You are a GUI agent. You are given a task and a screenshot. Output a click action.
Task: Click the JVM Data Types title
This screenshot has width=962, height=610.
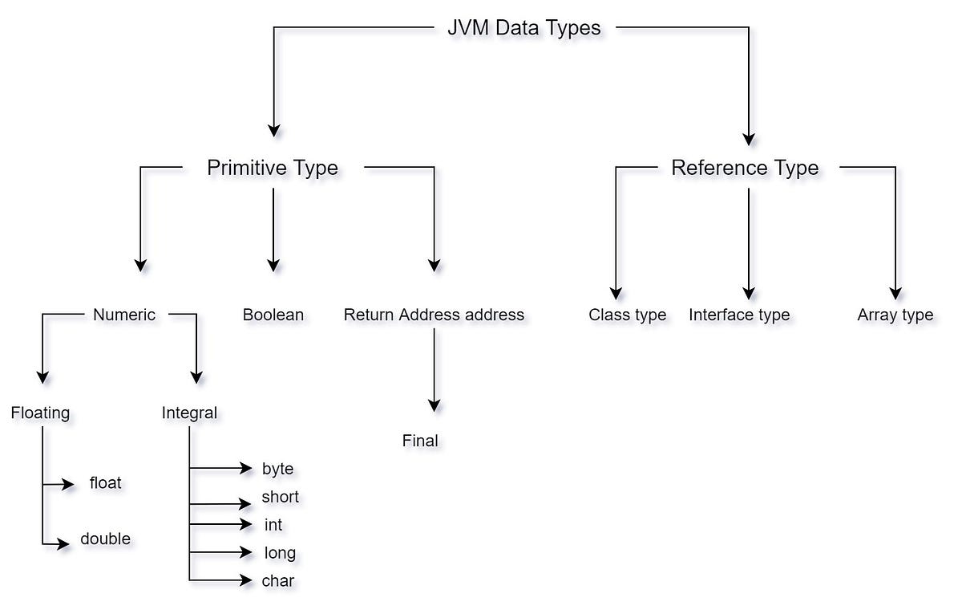(x=523, y=28)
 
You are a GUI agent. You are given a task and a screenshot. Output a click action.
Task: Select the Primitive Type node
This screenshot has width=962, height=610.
(x=273, y=168)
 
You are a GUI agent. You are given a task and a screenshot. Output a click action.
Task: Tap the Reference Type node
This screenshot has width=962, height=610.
(x=745, y=168)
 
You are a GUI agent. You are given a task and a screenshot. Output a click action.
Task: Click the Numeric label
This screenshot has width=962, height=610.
(x=124, y=315)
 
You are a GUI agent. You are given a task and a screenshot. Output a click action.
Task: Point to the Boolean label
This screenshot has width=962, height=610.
(x=273, y=315)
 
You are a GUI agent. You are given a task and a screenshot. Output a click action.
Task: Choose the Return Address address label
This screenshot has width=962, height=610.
(x=434, y=315)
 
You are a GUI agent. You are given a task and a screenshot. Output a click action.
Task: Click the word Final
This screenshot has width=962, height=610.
(x=420, y=441)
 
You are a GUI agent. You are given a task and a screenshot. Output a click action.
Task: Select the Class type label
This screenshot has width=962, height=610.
(x=627, y=315)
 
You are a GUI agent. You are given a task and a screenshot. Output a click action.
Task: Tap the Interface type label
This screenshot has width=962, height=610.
(x=739, y=315)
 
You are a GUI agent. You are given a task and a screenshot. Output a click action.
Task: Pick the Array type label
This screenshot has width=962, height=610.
(x=895, y=315)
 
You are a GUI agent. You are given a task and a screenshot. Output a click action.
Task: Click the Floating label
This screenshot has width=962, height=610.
(x=40, y=413)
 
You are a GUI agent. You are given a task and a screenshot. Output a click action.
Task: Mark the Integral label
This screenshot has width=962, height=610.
(x=189, y=413)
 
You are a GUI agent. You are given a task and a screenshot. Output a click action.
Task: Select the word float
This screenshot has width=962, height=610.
(x=106, y=483)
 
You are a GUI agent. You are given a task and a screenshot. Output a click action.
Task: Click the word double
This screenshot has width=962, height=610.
(x=105, y=539)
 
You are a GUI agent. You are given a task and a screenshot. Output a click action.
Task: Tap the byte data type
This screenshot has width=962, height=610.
(x=277, y=469)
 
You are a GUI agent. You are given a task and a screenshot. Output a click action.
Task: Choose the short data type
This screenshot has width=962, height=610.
(x=280, y=497)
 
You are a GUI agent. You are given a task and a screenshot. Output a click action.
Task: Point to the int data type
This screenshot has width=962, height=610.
(x=273, y=525)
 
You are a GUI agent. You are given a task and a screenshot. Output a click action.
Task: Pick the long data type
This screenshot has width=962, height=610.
(x=280, y=553)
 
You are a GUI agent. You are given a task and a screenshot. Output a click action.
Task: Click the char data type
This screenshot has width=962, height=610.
(x=278, y=580)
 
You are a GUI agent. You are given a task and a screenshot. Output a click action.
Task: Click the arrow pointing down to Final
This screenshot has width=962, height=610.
(x=435, y=369)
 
